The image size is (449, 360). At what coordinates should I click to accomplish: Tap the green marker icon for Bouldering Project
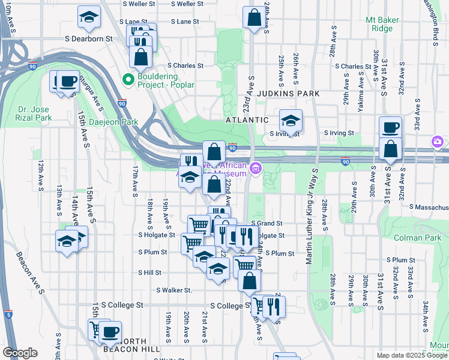click(x=128, y=79)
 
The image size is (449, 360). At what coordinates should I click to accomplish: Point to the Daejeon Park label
click(x=113, y=122)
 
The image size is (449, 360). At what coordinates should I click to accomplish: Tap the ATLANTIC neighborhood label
click(x=247, y=120)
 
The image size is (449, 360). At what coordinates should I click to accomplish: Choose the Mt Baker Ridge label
click(x=382, y=24)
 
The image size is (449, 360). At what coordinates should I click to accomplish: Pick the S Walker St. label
click(x=173, y=290)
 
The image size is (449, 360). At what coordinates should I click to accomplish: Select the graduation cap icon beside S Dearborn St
click(x=89, y=18)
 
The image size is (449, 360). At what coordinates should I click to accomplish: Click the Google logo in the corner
click(x=20, y=353)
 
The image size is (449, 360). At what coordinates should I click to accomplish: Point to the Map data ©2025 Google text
click(x=411, y=355)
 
